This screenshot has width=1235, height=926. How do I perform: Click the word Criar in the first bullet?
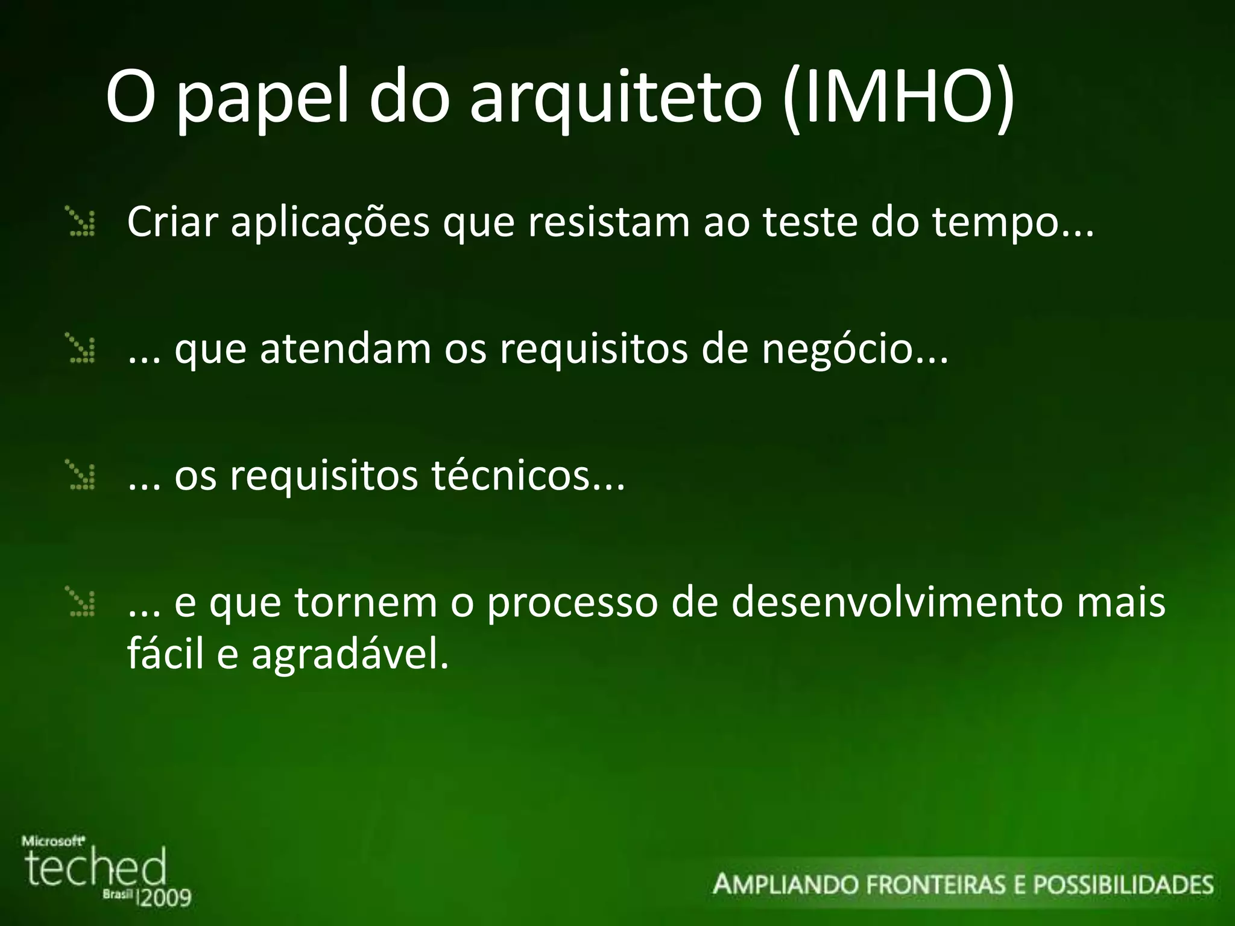pyautogui.click(x=171, y=222)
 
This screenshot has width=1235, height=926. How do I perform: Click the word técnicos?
pyautogui.click(x=510, y=476)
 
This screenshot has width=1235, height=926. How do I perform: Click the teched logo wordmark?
pyautogui.click(x=95, y=868)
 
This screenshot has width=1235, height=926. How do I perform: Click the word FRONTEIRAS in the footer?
pyautogui.click(x=935, y=885)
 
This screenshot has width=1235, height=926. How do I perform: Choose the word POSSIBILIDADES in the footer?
pyautogui.click(x=1123, y=885)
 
